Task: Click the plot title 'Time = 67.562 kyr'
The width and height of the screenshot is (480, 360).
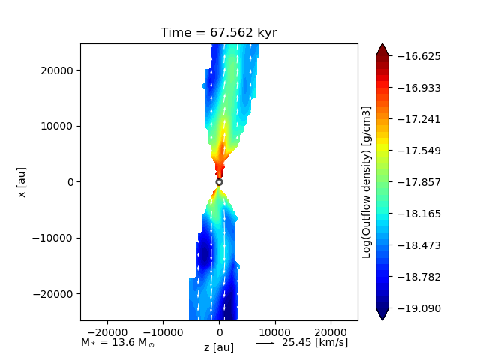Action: [219, 33]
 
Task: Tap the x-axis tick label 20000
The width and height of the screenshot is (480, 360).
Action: [334, 330]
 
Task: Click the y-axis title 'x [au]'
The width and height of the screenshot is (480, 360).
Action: [22, 182]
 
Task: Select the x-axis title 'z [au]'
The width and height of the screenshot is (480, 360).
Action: [219, 347]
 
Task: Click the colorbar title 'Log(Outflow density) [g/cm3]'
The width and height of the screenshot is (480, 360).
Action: [367, 182]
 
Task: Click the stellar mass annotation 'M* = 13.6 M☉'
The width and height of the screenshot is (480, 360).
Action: [118, 343]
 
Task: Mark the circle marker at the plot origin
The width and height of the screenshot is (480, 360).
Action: [219, 182]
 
